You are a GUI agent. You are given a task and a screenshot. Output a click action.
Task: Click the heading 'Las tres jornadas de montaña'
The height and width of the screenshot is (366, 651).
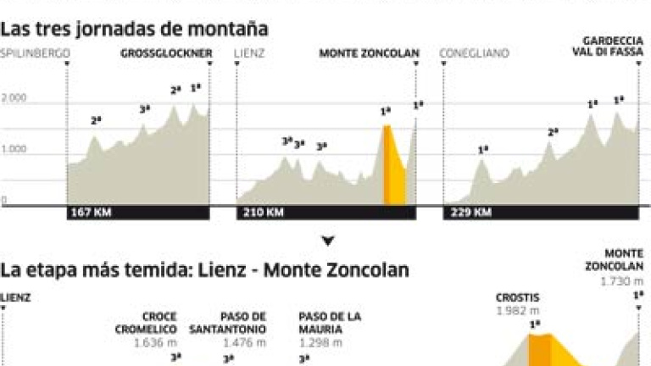[135, 30]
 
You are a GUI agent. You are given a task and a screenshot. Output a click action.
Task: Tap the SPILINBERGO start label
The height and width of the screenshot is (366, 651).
[35, 54]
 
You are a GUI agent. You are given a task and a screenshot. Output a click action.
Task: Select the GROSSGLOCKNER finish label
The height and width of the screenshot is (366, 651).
[166, 54]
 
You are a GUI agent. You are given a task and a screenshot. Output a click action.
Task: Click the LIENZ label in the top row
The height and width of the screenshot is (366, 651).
[252, 54]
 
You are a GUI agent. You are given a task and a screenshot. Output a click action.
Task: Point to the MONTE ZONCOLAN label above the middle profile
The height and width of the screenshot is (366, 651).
[370, 54]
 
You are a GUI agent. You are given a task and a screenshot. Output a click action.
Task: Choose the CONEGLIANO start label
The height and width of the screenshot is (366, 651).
[475, 54]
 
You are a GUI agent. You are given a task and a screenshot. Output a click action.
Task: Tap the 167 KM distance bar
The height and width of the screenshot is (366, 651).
[138, 213]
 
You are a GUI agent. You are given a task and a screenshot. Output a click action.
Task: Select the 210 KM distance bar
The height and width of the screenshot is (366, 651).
[326, 213]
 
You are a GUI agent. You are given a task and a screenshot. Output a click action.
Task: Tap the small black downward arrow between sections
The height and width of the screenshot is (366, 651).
[328, 241]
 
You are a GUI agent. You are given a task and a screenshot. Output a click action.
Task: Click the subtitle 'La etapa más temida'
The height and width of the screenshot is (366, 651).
[204, 270]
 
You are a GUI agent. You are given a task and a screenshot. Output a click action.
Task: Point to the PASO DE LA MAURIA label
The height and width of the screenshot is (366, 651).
[330, 323]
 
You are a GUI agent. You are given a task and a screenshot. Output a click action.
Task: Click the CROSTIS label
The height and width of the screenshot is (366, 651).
[518, 298]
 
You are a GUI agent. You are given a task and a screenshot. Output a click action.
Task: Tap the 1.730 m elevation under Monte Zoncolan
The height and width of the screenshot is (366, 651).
[621, 281]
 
